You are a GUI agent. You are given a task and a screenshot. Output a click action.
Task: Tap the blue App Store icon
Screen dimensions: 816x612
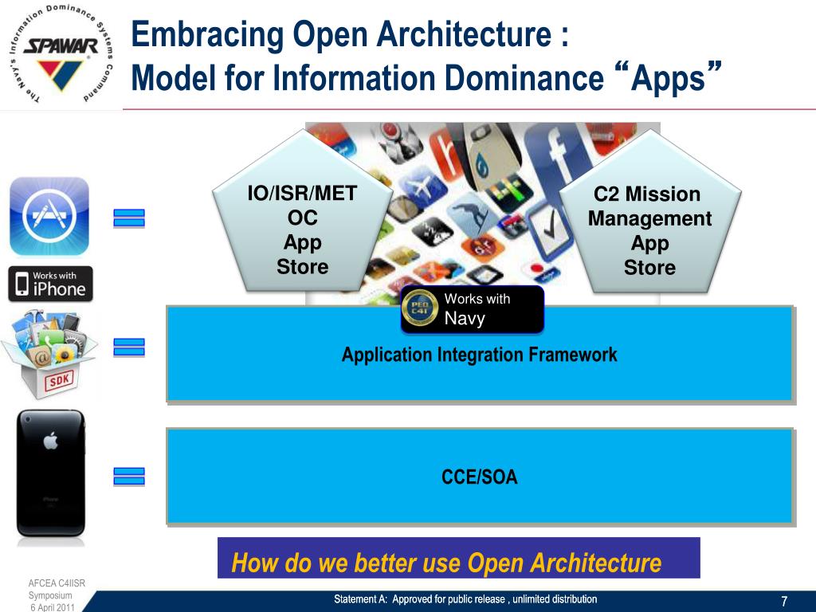point(49,216)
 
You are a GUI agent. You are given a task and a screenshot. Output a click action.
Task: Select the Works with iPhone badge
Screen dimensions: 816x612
point(50,284)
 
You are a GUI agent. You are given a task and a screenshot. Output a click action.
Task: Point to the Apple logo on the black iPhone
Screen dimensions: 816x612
point(50,441)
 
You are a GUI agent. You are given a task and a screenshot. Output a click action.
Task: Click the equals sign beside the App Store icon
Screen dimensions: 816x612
point(128,218)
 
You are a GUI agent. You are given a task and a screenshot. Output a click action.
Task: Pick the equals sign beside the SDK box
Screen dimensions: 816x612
point(128,347)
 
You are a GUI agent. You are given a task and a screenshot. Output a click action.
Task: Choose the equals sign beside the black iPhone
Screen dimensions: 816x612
point(128,476)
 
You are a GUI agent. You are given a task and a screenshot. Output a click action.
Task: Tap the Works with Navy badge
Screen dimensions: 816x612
point(473,309)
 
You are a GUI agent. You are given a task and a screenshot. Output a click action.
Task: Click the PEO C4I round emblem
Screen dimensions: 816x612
point(420,309)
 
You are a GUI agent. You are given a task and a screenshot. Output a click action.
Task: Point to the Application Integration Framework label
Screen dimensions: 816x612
point(479,355)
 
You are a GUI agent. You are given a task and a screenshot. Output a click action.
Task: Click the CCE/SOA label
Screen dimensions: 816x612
point(479,478)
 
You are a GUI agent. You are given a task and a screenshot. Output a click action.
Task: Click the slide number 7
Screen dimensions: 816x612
point(784,601)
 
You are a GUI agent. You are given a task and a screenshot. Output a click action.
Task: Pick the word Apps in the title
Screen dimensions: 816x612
point(668,79)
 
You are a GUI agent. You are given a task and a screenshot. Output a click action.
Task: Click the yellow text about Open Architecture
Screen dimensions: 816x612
point(446,563)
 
